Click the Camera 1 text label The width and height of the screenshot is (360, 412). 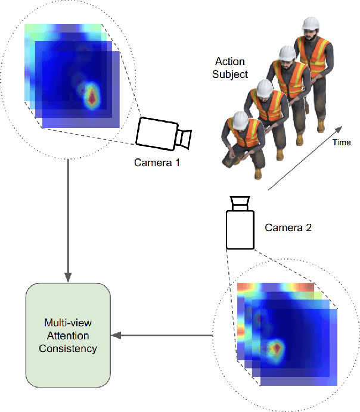[157, 161]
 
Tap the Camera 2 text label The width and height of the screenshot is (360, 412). [288, 227]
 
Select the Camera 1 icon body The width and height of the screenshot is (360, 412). [156, 132]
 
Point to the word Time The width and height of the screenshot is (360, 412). [342, 142]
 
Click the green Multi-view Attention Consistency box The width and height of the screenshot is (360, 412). [68, 335]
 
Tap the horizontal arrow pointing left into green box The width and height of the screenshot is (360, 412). [163, 335]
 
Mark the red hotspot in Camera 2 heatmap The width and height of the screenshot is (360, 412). [275, 347]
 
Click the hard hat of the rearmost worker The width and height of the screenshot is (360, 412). [309, 23]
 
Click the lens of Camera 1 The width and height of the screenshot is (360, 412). [185, 139]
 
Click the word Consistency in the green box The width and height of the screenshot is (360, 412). [68, 348]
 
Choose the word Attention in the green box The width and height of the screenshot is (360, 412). [68, 336]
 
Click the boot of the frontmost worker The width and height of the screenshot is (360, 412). [257, 173]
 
